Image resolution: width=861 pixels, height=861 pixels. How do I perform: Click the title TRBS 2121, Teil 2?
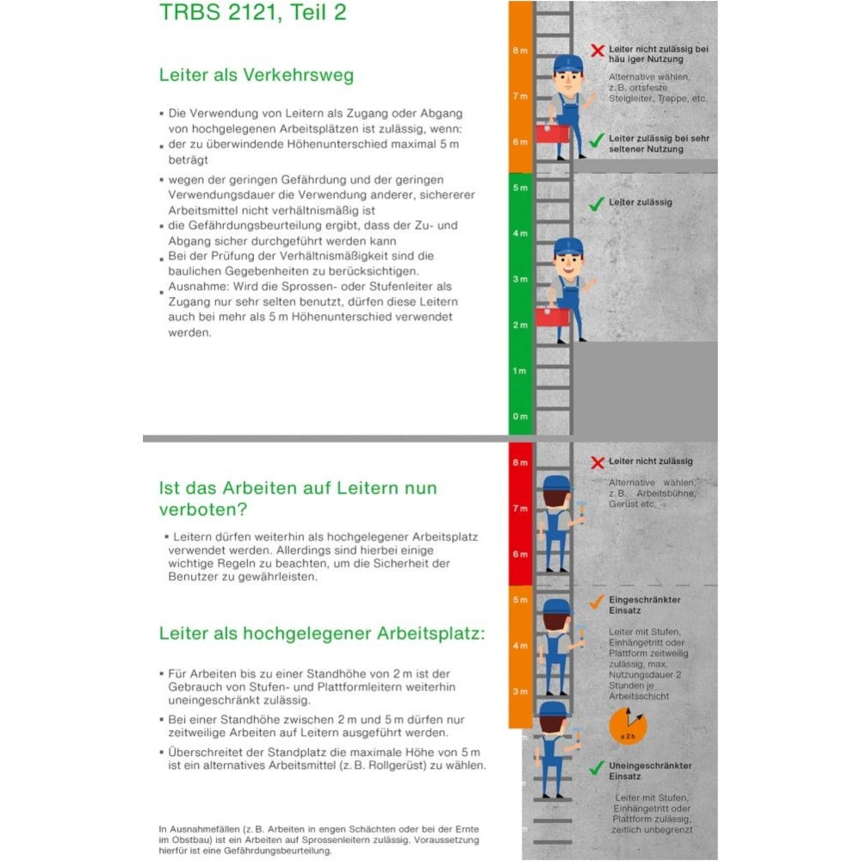point(253,14)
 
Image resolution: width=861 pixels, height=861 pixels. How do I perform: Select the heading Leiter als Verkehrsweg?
point(256,75)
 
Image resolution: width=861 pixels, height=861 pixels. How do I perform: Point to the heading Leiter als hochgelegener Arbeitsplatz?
point(322,634)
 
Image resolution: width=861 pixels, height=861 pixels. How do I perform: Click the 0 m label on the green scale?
point(519,417)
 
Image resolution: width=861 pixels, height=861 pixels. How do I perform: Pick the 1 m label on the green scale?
point(519,371)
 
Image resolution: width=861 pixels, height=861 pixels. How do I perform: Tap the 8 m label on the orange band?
point(519,52)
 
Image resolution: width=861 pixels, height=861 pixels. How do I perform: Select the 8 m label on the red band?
point(519,463)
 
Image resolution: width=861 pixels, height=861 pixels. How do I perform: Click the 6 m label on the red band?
point(519,554)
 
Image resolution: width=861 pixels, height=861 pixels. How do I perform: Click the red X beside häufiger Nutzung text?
point(597,51)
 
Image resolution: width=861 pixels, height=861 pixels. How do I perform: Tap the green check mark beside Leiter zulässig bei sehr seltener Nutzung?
point(596,139)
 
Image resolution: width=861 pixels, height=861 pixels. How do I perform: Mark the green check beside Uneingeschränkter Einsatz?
point(596,767)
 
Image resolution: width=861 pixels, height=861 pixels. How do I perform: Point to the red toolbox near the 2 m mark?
point(551,316)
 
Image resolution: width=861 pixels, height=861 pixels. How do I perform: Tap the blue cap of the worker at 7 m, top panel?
point(568,63)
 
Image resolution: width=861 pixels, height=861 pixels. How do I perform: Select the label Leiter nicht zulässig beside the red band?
point(651,462)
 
